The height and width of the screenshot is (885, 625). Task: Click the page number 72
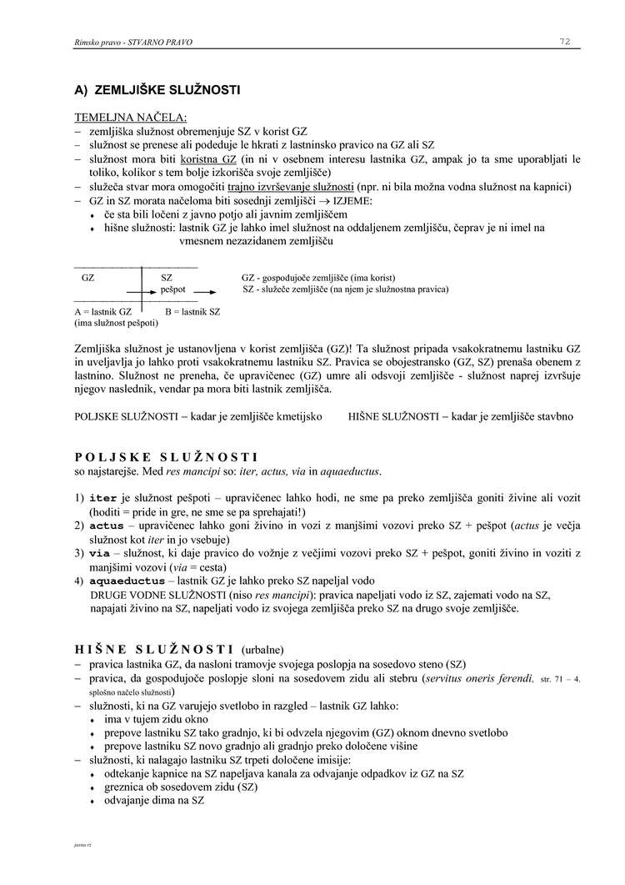click(564, 42)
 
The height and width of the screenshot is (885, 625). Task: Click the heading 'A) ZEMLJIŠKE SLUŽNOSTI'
click(157, 89)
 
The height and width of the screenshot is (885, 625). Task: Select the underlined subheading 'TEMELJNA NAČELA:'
click(131, 117)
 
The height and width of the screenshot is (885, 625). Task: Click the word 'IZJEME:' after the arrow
click(353, 200)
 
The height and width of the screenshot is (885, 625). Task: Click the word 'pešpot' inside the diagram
click(173, 289)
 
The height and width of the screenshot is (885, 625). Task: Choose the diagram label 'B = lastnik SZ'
click(192, 311)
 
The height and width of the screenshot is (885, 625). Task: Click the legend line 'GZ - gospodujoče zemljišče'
click(317, 277)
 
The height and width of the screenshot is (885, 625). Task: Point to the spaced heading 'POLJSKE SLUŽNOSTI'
click(166, 457)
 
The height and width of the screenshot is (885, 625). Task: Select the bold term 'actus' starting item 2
click(100, 526)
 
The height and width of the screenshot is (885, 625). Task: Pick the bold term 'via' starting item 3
click(97, 553)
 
